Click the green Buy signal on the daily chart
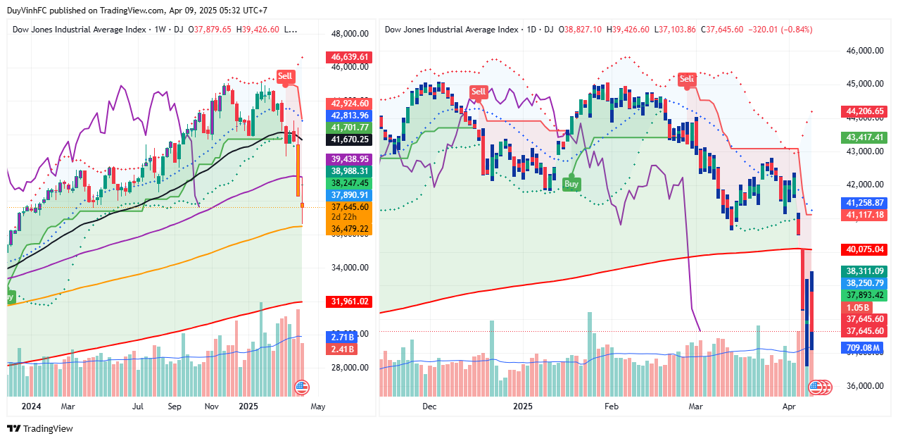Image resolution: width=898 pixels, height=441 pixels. click(x=571, y=184)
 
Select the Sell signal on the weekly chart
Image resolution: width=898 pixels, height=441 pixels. click(x=285, y=76)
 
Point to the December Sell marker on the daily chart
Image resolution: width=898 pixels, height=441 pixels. click(x=479, y=92)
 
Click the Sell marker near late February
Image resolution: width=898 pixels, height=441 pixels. click(x=686, y=79)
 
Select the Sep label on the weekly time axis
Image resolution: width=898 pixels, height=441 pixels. click(x=175, y=406)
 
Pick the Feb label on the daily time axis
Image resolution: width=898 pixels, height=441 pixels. click(x=611, y=406)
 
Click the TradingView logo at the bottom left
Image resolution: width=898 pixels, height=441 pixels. click(x=40, y=428)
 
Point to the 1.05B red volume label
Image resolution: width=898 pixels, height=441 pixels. click(x=857, y=307)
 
